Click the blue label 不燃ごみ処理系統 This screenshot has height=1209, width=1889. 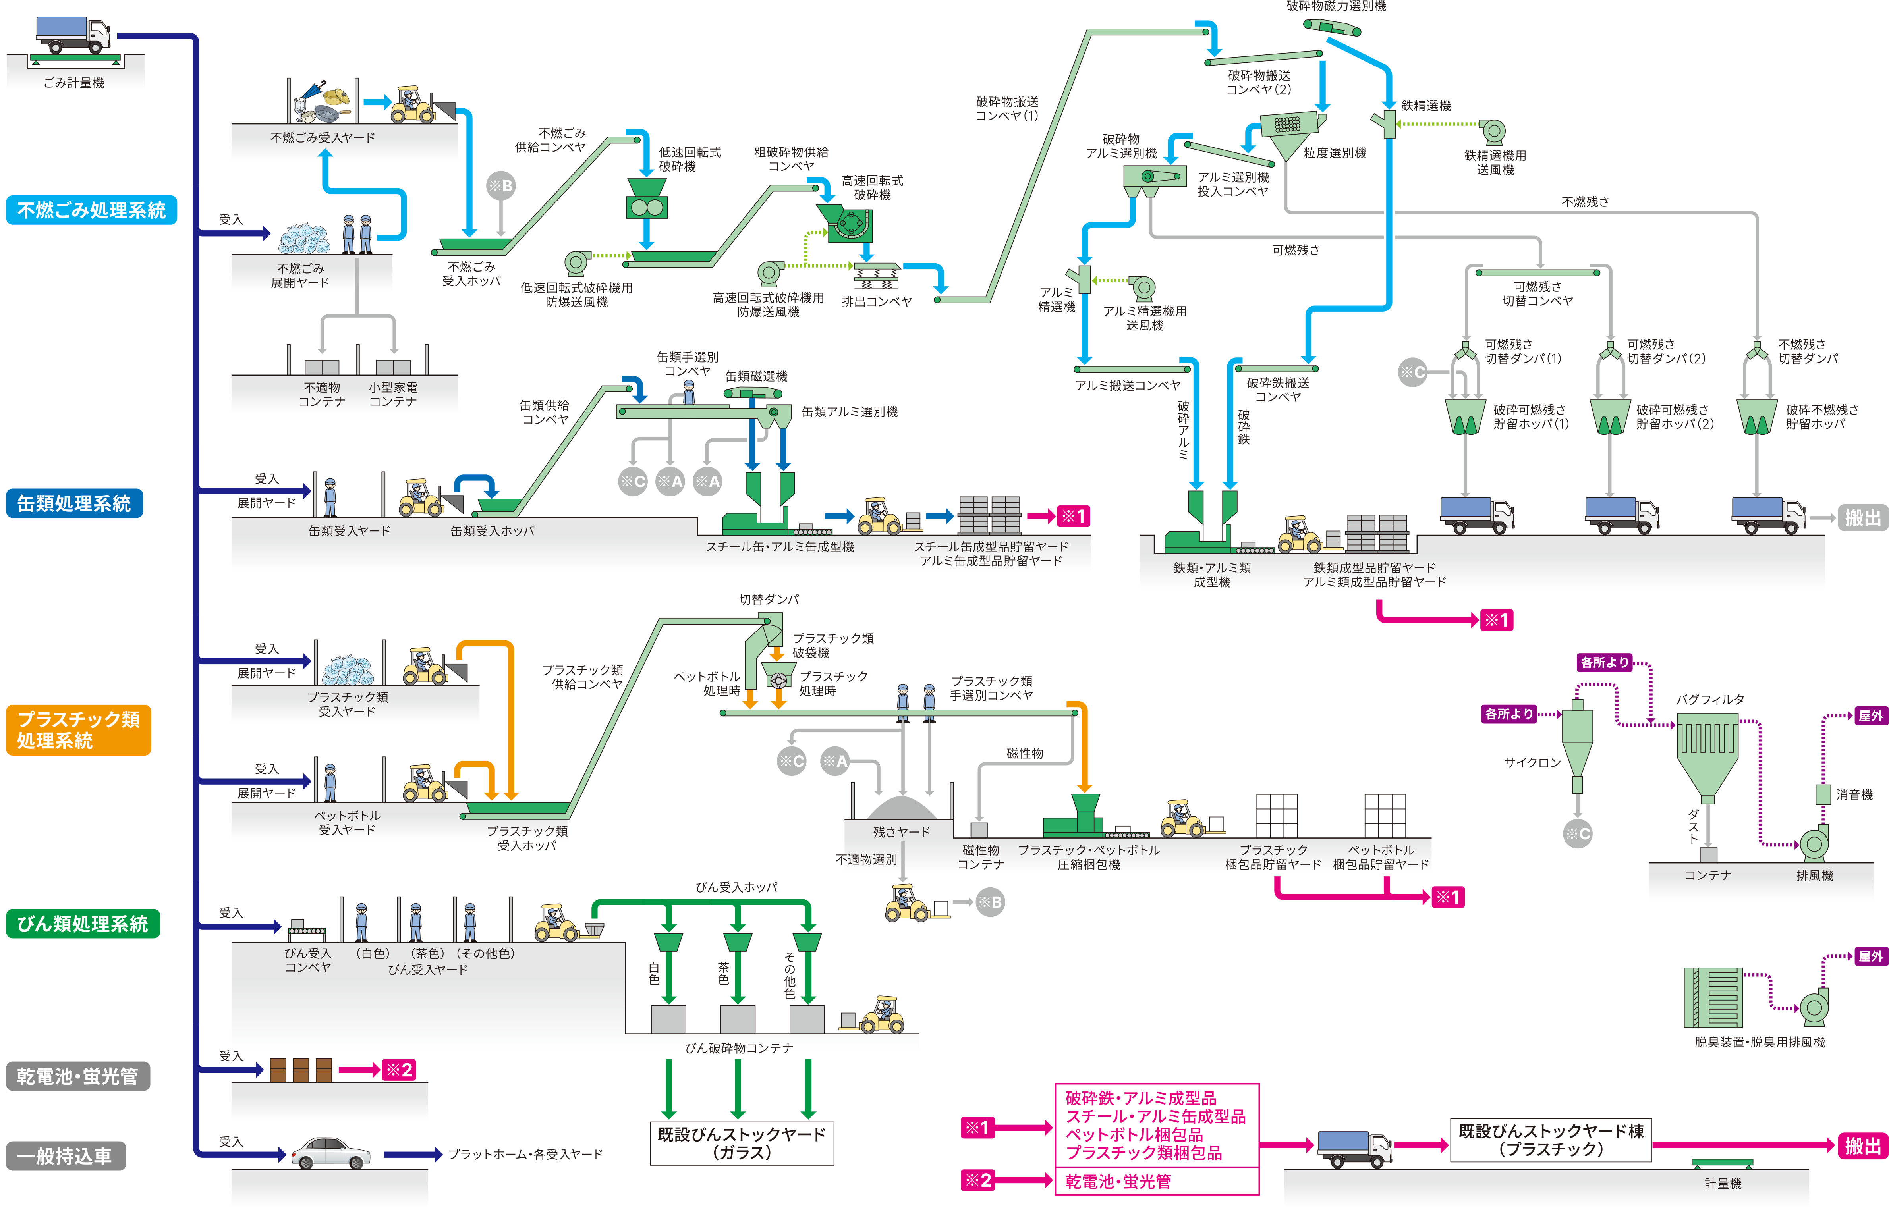coord(91,210)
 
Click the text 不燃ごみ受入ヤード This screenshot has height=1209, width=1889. coord(323,137)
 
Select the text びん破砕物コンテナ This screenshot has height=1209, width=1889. coord(739,1048)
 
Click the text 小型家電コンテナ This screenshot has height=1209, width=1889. coord(393,394)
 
